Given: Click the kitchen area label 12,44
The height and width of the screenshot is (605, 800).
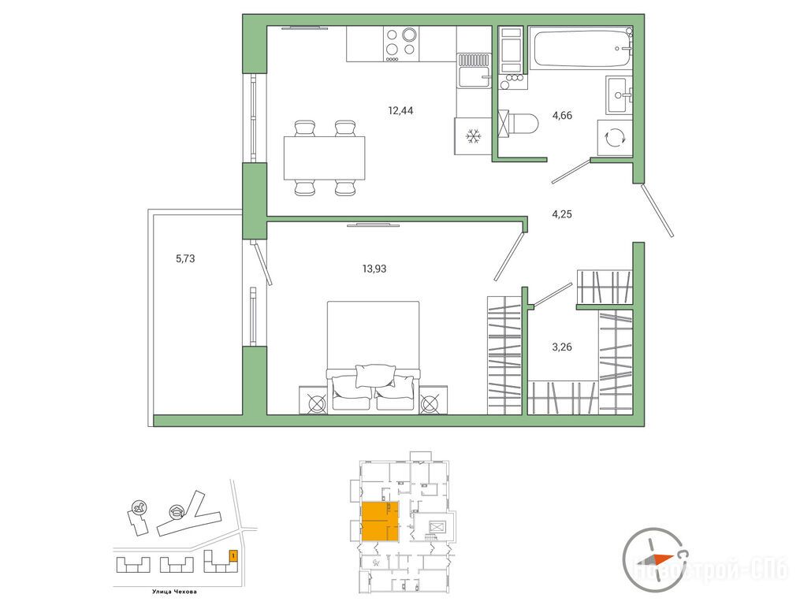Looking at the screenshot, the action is (400, 110).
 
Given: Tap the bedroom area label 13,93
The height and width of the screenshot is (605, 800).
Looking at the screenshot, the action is (374, 269).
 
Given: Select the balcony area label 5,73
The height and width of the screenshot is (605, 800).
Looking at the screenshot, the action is (185, 258).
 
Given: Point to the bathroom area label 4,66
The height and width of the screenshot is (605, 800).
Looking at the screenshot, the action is (562, 115).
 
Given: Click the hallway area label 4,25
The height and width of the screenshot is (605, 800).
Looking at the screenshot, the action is (562, 214).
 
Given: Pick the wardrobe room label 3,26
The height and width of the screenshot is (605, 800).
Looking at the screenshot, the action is (562, 347).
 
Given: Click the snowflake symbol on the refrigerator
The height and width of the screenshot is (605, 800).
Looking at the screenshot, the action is (474, 136).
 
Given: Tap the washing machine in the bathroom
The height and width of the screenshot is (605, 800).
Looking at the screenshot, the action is (615, 138).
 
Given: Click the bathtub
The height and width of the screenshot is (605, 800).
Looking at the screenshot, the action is (581, 48).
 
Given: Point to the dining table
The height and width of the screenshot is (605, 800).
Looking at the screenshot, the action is (325, 158).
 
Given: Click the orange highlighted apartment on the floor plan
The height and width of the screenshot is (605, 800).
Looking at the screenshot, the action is (380, 521).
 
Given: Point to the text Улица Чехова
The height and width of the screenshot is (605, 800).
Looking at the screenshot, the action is (174, 592).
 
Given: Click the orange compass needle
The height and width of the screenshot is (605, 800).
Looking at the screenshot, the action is (662, 558).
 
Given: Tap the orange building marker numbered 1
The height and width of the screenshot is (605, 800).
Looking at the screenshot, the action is (233, 555).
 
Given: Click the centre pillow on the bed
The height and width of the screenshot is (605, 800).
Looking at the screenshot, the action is (375, 376).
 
